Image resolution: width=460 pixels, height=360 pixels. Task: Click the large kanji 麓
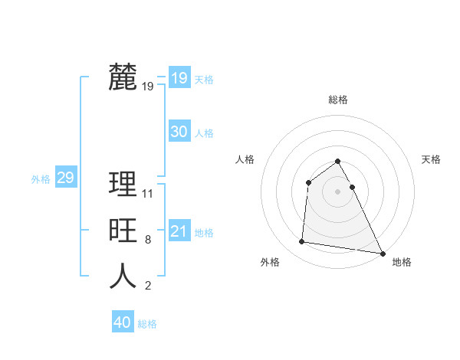click(x=123, y=77)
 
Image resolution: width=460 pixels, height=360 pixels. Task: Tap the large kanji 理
click(x=123, y=185)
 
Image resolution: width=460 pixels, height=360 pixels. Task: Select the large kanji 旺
click(x=123, y=231)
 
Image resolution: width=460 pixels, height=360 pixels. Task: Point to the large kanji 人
click(x=123, y=277)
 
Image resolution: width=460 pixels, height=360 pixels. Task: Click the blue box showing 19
click(x=179, y=78)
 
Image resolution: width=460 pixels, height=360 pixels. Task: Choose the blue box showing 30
click(x=179, y=132)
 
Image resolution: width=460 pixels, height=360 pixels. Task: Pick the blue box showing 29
click(x=65, y=178)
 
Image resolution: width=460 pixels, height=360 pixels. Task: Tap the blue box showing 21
click(x=179, y=231)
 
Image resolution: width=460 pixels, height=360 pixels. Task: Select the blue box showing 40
click(x=122, y=322)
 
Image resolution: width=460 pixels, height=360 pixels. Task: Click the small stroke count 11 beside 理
click(x=148, y=194)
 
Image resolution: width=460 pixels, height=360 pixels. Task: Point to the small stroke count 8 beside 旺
click(x=147, y=240)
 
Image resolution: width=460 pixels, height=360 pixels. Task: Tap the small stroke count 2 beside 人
click(x=147, y=286)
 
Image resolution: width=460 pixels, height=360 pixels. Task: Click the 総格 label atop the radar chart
click(x=337, y=100)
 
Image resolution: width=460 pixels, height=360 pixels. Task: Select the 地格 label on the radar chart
click(x=402, y=262)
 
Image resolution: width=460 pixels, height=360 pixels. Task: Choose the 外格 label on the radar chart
click(x=270, y=262)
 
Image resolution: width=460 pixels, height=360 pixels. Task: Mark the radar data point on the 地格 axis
click(x=383, y=253)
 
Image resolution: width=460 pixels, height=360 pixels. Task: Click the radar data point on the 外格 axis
click(x=301, y=242)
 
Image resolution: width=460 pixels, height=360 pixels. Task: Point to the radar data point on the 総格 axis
click(x=337, y=161)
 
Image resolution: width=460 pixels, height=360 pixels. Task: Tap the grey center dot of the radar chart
click(x=337, y=191)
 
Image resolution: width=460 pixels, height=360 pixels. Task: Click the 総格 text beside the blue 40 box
click(x=147, y=324)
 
